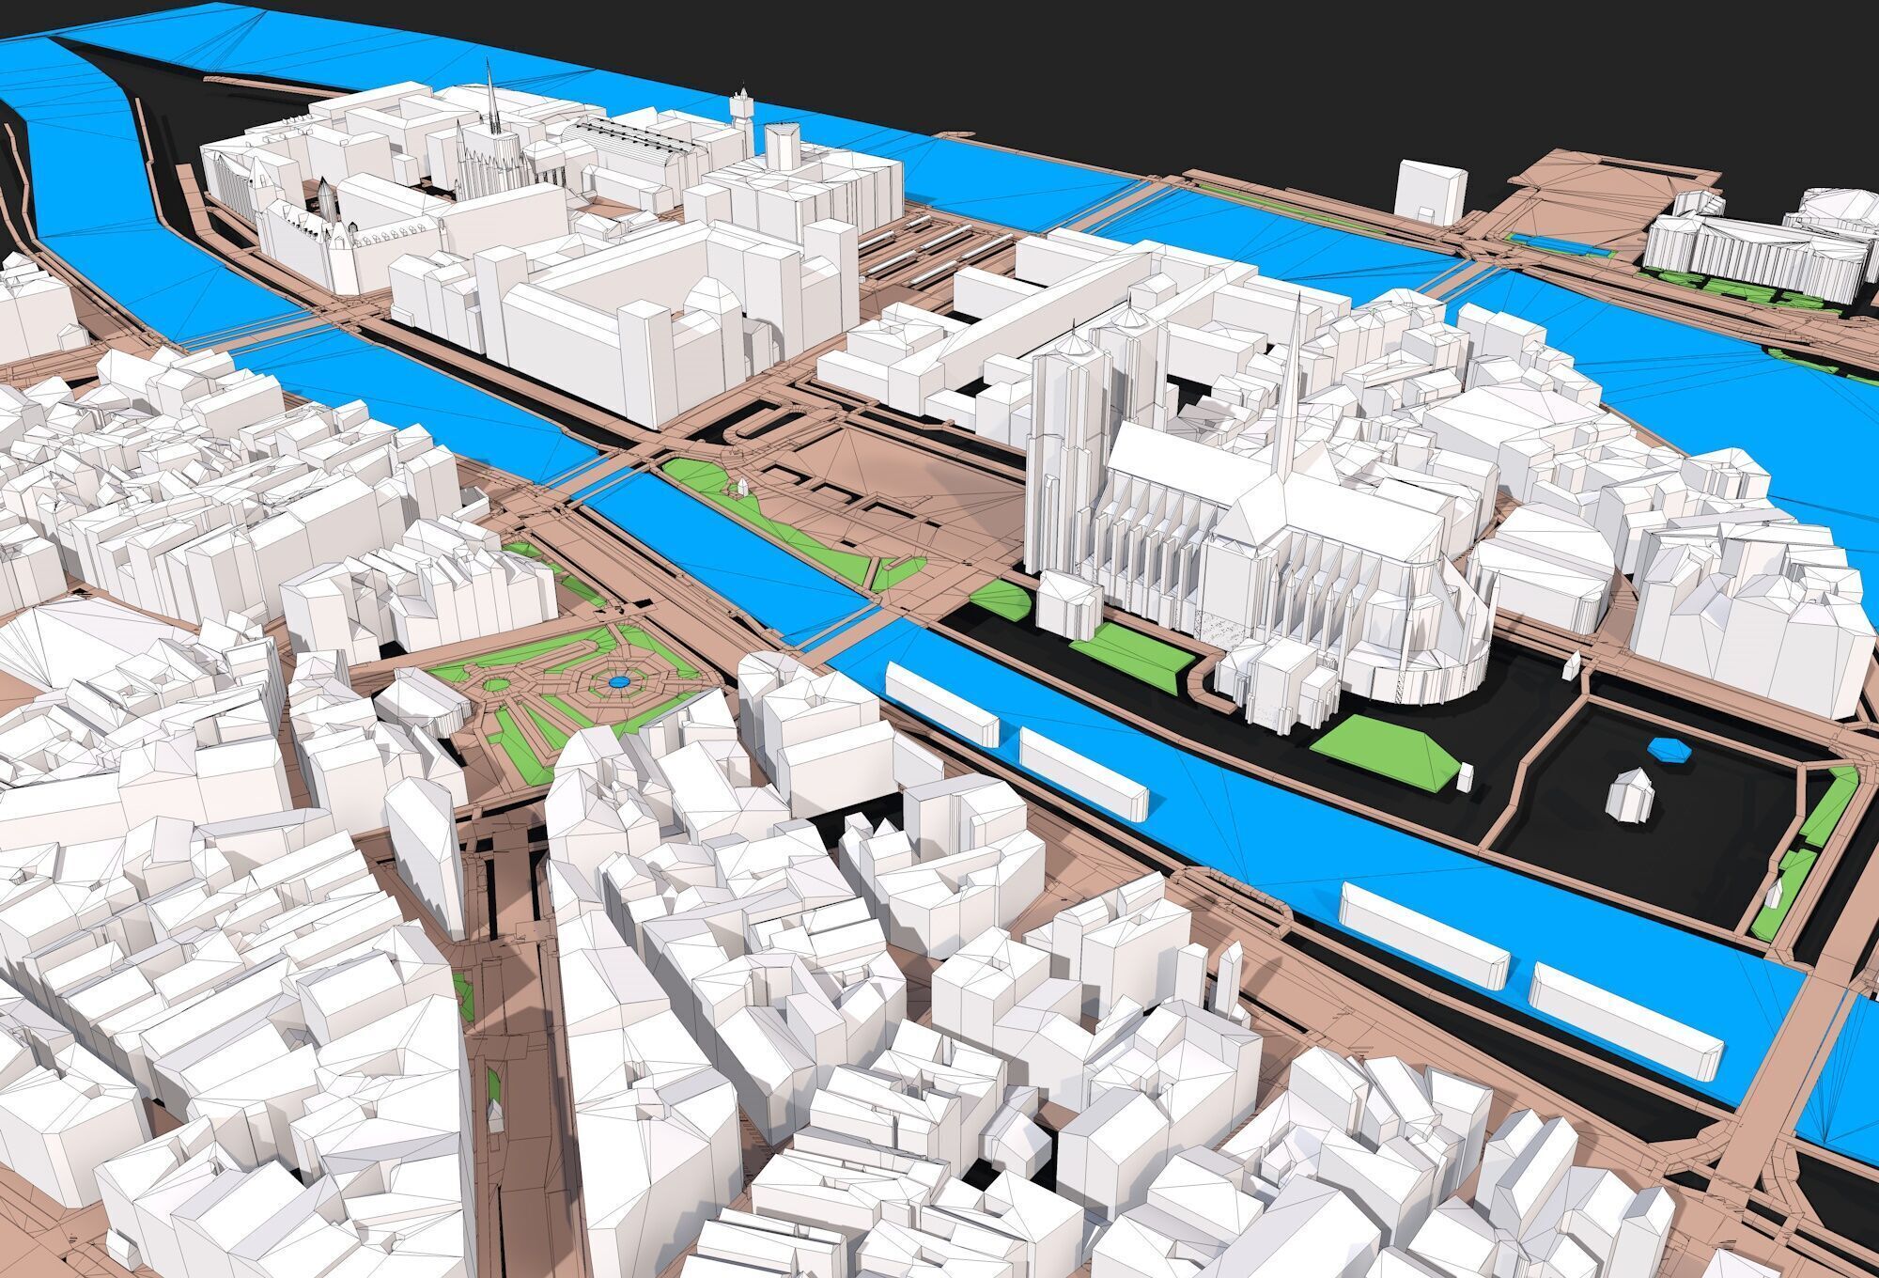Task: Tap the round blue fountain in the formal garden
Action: (x=617, y=677)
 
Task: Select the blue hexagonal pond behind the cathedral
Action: (x=1666, y=748)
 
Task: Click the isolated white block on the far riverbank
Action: (x=1430, y=193)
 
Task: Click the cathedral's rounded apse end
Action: (x=1437, y=648)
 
